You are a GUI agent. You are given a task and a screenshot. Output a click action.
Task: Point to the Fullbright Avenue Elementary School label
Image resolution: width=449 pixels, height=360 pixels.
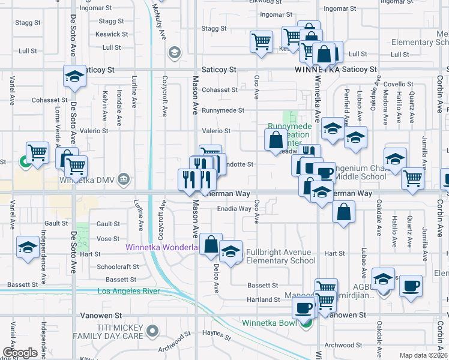[280, 256]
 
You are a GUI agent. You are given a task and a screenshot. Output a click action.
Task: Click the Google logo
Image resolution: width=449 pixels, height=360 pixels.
[20, 352]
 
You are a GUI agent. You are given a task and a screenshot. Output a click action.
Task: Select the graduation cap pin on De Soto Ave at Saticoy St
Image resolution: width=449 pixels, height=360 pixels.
[74, 77]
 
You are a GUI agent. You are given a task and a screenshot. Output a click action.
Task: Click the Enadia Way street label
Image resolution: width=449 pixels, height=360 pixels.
[234, 209]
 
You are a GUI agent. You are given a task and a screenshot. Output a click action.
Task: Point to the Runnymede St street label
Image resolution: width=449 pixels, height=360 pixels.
[223, 110]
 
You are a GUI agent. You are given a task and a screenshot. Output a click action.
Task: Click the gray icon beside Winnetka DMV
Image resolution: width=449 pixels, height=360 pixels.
[123, 179]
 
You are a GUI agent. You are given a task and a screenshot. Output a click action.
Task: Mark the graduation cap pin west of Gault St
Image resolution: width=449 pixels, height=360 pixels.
[28, 248]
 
